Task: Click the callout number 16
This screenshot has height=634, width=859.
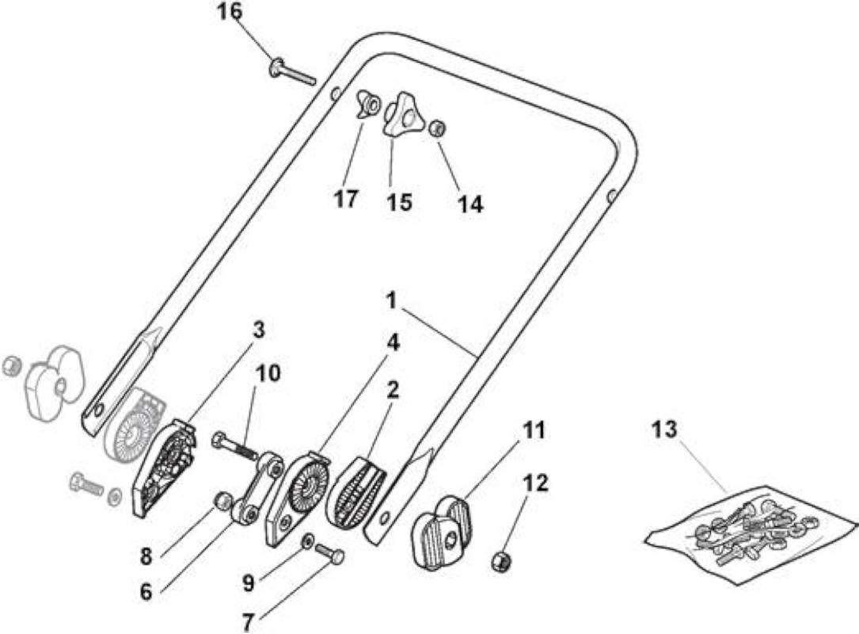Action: click(230, 12)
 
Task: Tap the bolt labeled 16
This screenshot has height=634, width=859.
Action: click(293, 72)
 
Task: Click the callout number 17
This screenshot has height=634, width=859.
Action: click(346, 199)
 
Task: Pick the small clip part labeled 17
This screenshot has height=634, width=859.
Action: click(366, 104)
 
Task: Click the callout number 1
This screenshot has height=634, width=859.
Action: click(391, 300)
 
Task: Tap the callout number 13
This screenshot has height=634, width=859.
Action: click(664, 430)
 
